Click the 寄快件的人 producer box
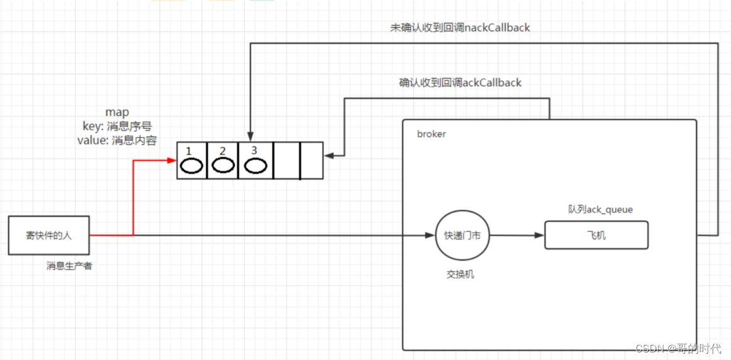(x=48, y=235)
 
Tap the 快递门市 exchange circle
(x=462, y=236)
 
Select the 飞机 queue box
(x=596, y=234)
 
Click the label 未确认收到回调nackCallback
(x=460, y=28)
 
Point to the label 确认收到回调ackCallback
(x=460, y=83)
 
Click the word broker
(x=432, y=134)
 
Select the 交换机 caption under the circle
(x=460, y=274)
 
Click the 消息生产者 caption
(x=69, y=266)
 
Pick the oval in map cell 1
(x=192, y=166)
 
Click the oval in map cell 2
(x=222, y=166)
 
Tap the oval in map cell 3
(x=255, y=166)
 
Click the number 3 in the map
(x=254, y=150)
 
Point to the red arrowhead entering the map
(x=172, y=160)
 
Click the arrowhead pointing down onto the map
(x=251, y=137)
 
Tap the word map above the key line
(x=117, y=112)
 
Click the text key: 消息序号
(x=117, y=126)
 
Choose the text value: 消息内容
(x=117, y=140)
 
